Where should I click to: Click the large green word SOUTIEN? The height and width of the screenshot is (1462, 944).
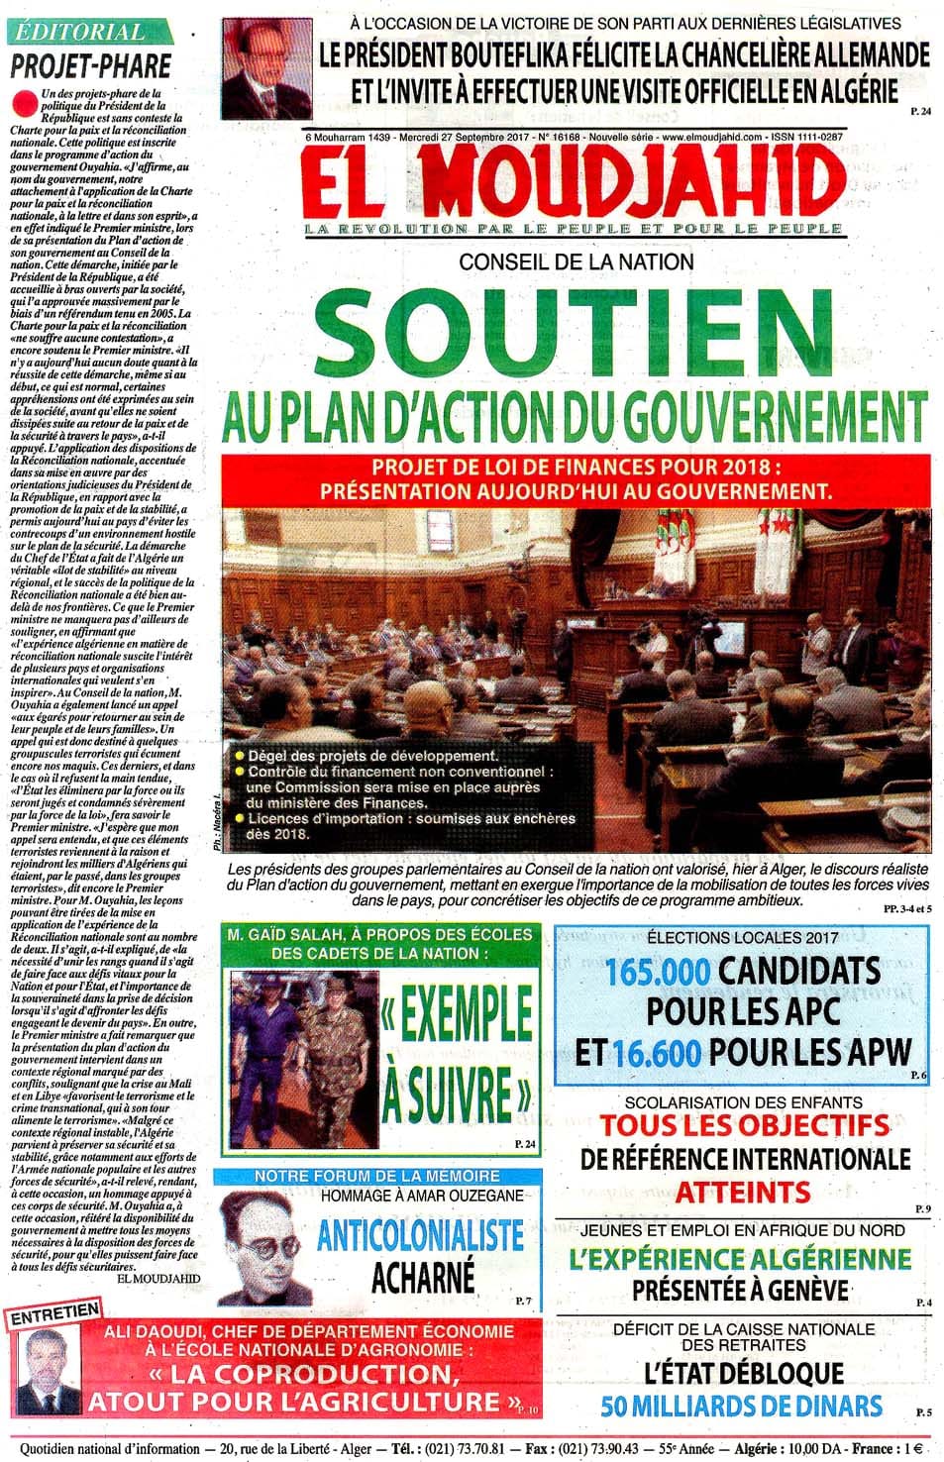pos(575,332)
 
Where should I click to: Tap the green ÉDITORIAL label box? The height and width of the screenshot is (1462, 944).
pos(80,31)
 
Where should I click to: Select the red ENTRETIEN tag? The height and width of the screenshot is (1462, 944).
pos(55,1314)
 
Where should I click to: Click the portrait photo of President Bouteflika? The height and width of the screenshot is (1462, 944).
pos(260,66)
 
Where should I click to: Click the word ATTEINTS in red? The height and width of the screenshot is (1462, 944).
pos(743,1192)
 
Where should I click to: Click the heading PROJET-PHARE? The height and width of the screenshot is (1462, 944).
pos(91,66)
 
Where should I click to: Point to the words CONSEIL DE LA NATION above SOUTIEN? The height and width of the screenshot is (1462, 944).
pos(576,261)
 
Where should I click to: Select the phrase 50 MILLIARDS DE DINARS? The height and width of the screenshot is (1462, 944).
pos(741,1405)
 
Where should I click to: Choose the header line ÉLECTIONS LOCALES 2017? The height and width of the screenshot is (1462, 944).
pos(742,937)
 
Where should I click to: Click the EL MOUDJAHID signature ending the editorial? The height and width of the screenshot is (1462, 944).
pos(158,1278)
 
